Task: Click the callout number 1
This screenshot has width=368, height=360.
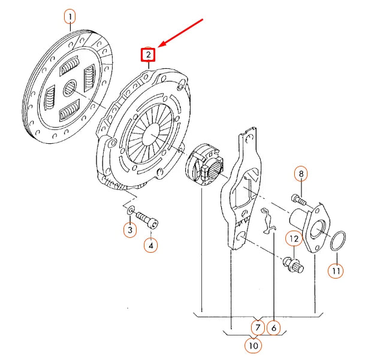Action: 71,16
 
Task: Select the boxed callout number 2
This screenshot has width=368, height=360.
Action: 147,55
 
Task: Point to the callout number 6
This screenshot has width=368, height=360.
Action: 273,328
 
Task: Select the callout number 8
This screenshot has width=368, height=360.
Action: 301,174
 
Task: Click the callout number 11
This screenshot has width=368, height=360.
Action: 336,270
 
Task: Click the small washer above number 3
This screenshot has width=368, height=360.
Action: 129,211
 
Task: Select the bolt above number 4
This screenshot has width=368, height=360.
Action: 147,219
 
